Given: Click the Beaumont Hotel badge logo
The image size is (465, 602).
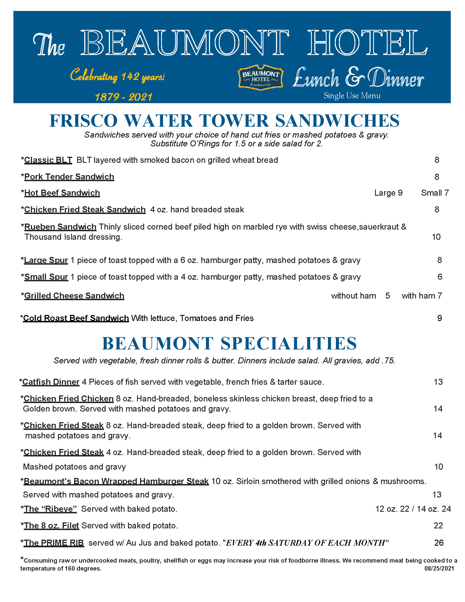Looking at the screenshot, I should [260, 77].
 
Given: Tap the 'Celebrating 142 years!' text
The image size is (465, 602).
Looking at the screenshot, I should [117, 76].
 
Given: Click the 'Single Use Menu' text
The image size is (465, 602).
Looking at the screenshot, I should [352, 96].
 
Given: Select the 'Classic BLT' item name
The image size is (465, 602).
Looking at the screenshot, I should [48, 160].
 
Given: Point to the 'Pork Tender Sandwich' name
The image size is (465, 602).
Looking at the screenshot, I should [69, 177].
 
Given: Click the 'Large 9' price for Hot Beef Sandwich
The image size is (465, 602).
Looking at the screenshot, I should [388, 193].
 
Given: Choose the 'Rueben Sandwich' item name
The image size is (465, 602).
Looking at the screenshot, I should [60, 227].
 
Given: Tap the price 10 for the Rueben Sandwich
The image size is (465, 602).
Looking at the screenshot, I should [436, 237].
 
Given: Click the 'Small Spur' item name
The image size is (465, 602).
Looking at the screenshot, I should [46, 277].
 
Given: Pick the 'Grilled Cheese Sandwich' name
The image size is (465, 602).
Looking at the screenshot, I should [74, 296].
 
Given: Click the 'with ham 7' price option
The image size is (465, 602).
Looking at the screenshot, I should [422, 296].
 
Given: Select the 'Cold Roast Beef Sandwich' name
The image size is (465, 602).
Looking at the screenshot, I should [76, 318].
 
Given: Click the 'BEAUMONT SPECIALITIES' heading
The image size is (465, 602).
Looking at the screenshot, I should [229, 343].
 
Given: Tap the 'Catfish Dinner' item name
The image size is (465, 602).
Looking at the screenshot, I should [51, 382].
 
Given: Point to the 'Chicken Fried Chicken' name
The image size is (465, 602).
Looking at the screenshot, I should [69, 399].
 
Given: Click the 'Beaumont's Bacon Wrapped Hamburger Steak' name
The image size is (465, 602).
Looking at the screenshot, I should [116, 481].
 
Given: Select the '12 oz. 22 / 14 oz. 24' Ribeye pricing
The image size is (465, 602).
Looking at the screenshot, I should [413, 509].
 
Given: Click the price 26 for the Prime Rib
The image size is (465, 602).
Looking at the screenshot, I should [438, 543].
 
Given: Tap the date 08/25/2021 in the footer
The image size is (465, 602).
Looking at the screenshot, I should [439, 569].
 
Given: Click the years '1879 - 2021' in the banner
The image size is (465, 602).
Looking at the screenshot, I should [123, 97].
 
